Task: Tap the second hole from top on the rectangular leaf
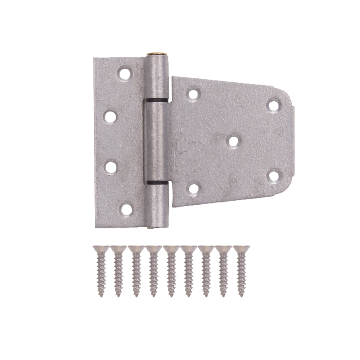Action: (x=110, y=116)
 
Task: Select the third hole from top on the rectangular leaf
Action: (x=110, y=166)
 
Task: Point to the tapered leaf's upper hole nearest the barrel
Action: (x=193, y=94)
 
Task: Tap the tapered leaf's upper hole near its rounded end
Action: (x=273, y=105)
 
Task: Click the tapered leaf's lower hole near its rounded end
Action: (x=273, y=175)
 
